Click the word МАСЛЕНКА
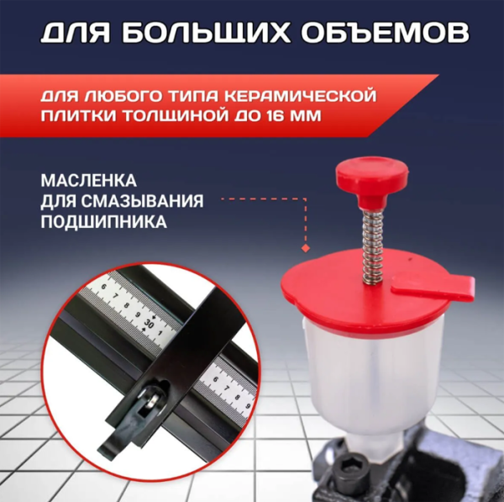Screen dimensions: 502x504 point(87,181)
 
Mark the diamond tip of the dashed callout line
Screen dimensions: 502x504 point(302,249)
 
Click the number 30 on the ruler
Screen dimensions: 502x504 point(149,322)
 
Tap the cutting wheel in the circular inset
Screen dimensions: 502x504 point(148,402)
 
